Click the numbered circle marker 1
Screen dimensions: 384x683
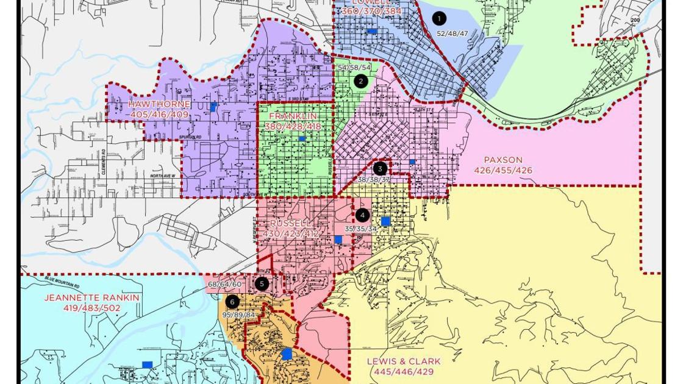(438, 19)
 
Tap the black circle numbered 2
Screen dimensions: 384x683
(361, 81)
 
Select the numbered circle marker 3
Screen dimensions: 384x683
(380, 169)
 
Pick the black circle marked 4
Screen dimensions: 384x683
(362, 215)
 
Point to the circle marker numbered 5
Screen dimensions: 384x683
(262, 283)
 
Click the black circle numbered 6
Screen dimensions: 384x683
(232, 302)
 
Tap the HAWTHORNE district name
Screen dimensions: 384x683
(160, 104)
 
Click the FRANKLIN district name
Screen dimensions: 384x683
(293, 116)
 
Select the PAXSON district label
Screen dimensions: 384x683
(503, 160)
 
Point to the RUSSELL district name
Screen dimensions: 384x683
(290, 224)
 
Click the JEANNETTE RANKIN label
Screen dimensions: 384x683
(91, 298)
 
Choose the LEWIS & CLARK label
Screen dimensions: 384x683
(404, 361)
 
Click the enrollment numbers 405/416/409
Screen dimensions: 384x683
(160, 115)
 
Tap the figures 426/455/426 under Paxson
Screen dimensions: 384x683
(503, 171)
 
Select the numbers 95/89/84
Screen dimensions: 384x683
(238, 315)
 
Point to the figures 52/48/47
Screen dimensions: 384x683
(452, 34)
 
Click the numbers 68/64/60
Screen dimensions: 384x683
(224, 285)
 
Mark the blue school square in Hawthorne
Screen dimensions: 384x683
(213, 107)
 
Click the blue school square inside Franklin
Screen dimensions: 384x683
(302, 139)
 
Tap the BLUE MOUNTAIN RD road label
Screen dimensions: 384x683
(62, 283)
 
